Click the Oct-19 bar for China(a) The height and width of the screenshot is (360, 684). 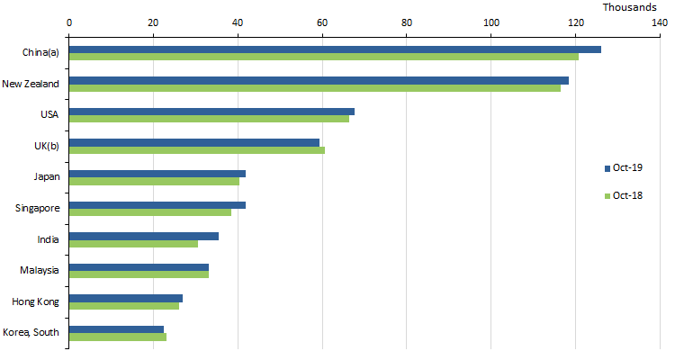pos(335,49)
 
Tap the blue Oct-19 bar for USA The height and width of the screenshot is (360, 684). pos(211,112)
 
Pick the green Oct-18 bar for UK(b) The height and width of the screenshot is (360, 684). pos(197,149)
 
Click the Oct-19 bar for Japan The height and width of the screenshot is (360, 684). pos(157,174)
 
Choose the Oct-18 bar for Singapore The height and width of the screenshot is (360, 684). pos(150,212)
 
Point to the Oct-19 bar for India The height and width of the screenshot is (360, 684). pos(144,236)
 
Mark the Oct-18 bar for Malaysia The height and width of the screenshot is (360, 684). pos(139,274)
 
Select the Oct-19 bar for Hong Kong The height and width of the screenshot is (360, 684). pos(126,298)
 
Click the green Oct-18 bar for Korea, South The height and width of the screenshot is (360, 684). pos(118,337)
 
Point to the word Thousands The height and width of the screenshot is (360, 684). pos(629,7)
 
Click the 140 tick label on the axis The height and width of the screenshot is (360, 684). pos(660,22)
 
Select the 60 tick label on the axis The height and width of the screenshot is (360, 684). pos(322,22)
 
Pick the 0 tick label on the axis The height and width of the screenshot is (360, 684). pos(69,22)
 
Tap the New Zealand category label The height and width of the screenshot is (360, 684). pos(31,84)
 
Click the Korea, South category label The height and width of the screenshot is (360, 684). pos(31,332)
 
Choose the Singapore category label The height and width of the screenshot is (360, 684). pos(37,208)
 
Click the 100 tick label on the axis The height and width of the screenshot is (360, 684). pos(490,22)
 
